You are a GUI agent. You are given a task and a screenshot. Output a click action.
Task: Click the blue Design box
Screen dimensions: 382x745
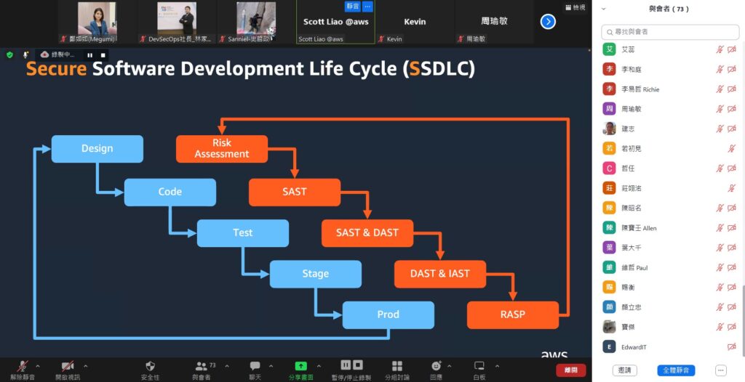(x=97, y=149)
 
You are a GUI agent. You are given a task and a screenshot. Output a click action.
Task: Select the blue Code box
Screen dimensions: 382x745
(x=170, y=192)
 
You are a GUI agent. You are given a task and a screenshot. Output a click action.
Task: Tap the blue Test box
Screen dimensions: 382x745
(x=242, y=233)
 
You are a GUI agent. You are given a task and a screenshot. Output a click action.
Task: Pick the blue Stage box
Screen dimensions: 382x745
(x=315, y=274)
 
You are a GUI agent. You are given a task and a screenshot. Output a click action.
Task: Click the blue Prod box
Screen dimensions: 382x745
(x=388, y=314)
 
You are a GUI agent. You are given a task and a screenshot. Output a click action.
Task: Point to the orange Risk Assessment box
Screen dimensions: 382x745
(x=221, y=149)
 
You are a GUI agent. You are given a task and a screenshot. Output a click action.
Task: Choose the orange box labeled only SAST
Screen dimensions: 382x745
(x=294, y=192)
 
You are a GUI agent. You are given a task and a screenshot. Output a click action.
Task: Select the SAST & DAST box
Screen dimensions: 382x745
(x=367, y=233)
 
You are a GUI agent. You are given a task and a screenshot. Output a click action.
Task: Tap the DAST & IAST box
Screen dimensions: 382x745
(x=439, y=274)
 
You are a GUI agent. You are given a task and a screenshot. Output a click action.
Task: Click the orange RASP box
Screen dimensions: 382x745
(x=512, y=314)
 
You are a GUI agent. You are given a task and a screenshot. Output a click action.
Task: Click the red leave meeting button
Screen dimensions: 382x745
(x=570, y=370)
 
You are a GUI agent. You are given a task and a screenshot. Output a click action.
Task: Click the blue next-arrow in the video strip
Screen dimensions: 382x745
(x=548, y=22)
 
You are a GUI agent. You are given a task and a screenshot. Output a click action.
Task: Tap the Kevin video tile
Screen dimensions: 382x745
(x=415, y=23)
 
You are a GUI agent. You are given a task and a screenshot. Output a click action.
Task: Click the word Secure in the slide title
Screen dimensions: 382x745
(x=56, y=69)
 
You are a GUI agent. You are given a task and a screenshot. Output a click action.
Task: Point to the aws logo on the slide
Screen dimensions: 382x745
(x=554, y=355)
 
